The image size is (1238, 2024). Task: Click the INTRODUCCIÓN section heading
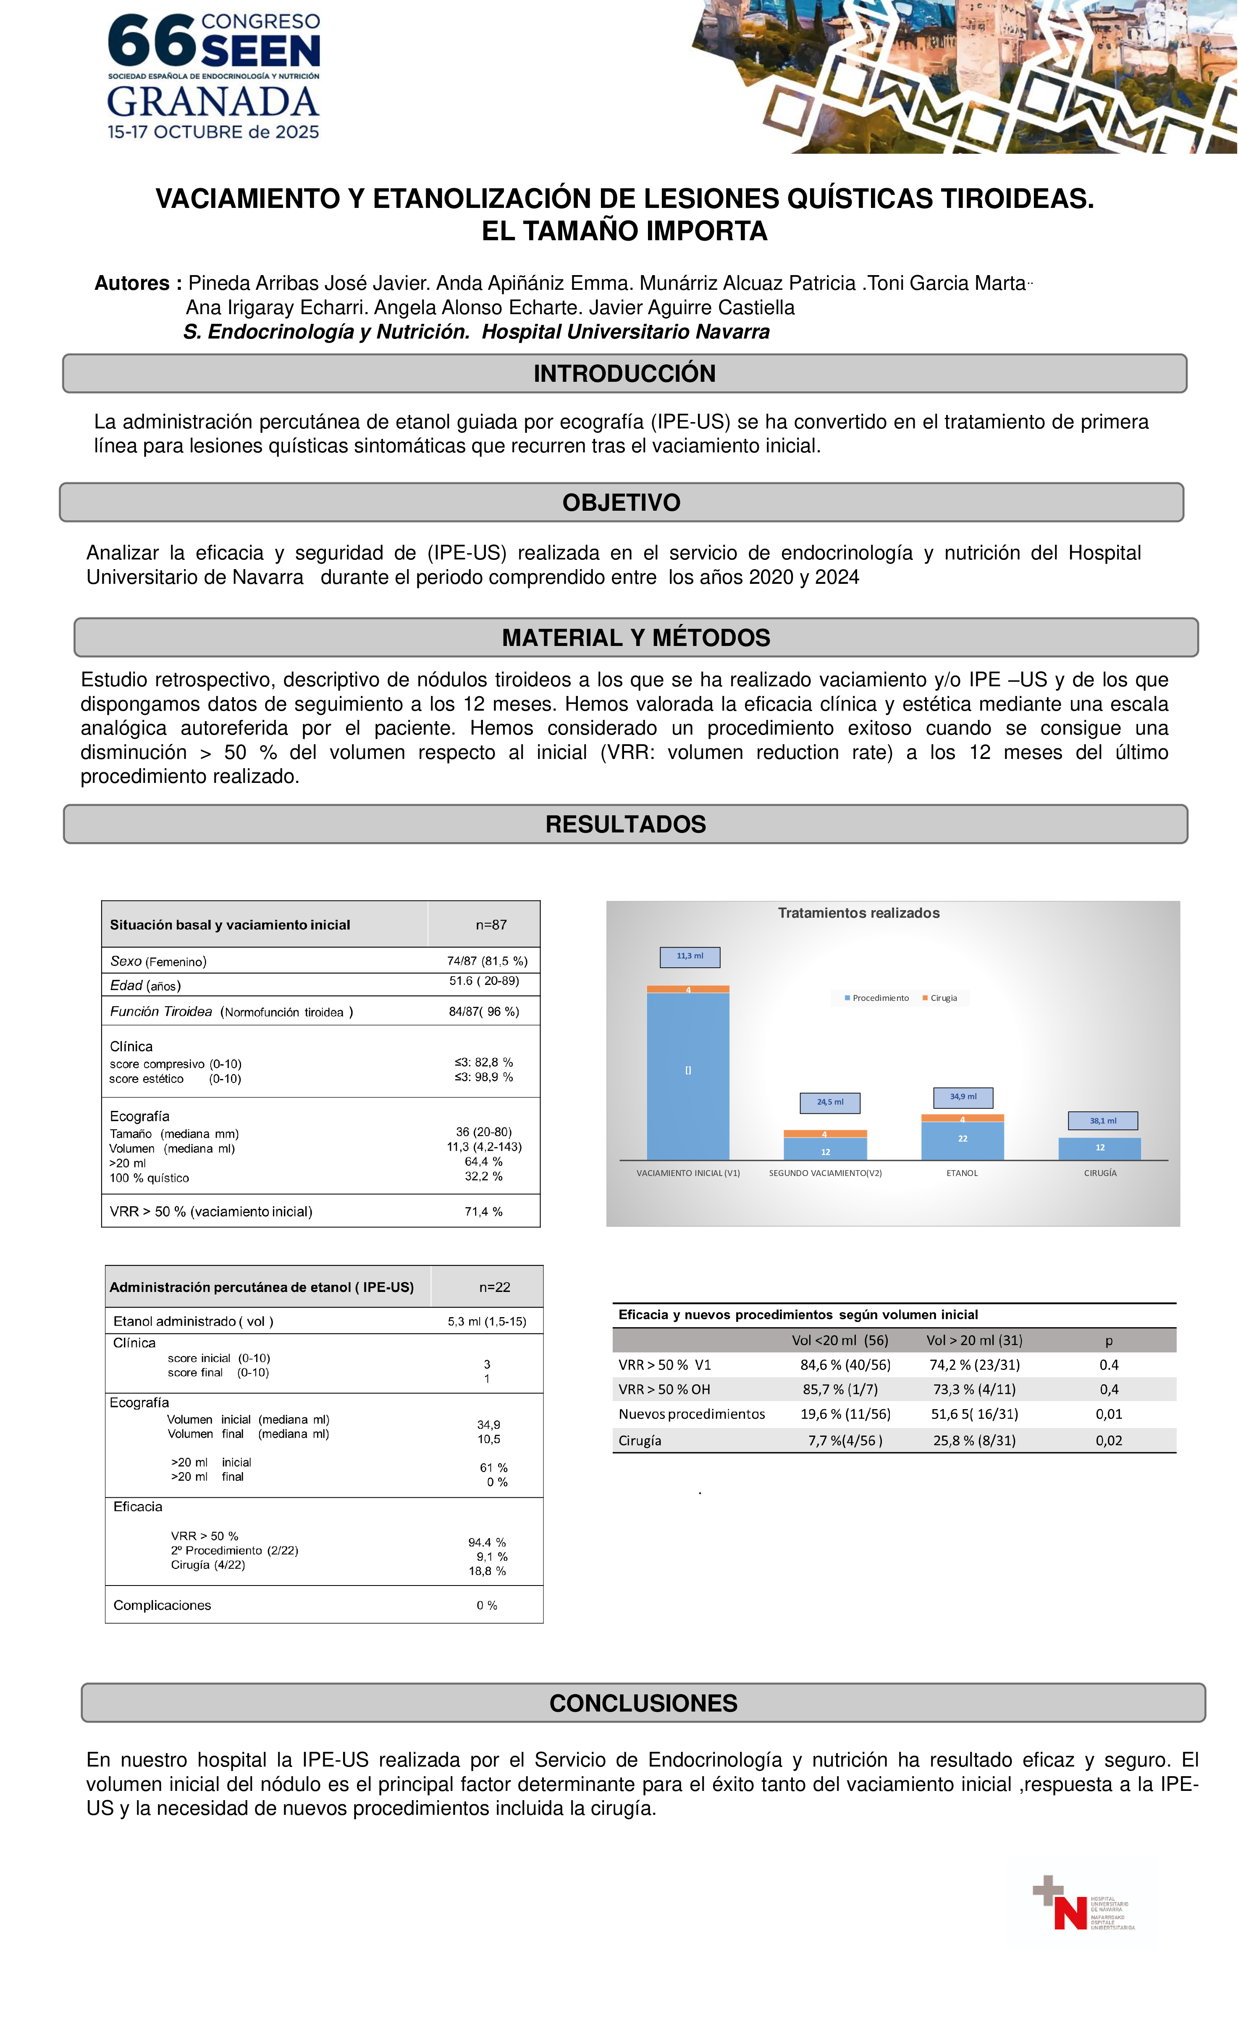pyautogui.click(x=624, y=374)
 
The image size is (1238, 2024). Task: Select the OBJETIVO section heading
pyautogui.click(x=621, y=503)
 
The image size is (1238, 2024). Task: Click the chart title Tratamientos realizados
pyautogui.click(x=858, y=913)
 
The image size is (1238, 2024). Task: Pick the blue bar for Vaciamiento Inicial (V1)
pyautogui.click(x=687, y=1076)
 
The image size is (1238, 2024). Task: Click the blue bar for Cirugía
pyautogui.click(x=1099, y=1148)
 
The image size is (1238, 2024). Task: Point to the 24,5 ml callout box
pyautogui.click(x=830, y=1103)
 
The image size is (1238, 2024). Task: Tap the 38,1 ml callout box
pyautogui.click(x=1102, y=1121)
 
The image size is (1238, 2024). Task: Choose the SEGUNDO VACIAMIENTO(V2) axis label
pyautogui.click(x=825, y=1173)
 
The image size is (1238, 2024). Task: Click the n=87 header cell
pyautogui.click(x=491, y=925)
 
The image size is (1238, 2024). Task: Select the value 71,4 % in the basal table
pyautogui.click(x=484, y=1212)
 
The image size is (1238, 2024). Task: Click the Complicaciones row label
pyautogui.click(x=162, y=1605)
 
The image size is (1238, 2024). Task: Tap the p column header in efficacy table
pyautogui.click(x=1108, y=1341)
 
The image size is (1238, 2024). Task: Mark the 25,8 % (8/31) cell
pyautogui.click(x=974, y=1440)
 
